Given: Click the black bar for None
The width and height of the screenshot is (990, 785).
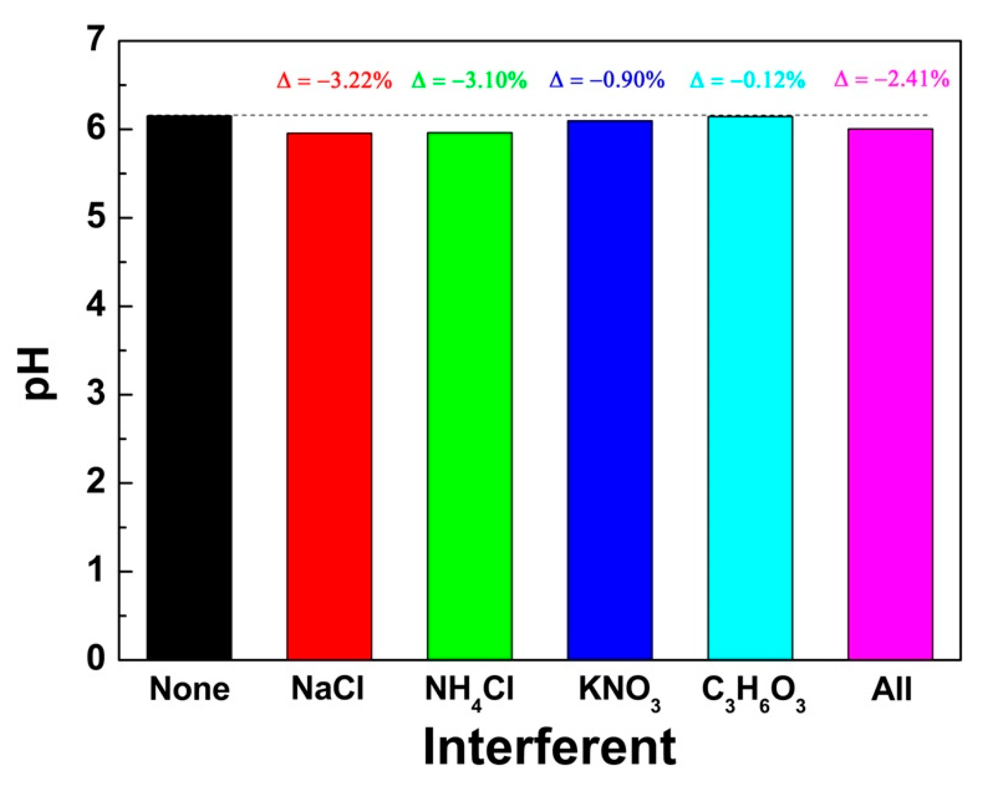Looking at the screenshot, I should (x=189, y=388).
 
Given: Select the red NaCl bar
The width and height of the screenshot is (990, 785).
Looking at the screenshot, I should (x=329, y=397).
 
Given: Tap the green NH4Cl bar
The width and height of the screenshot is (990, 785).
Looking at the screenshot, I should (x=469, y=397).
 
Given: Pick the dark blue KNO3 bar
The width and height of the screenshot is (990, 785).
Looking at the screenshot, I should (x=609, y=390).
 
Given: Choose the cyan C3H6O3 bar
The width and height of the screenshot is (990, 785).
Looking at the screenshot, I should (x=750, y=388).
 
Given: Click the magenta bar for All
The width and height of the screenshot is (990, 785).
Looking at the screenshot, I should (x=890, y=395).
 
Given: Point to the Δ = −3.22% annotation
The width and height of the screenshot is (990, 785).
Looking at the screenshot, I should (x=334, y=81).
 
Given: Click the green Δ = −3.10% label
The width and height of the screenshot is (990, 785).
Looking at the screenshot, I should (x=469, y=81).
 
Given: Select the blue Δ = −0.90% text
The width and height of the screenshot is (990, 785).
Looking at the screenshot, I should (x=607, y=80).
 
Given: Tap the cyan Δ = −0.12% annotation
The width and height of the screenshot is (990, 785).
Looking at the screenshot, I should (x=748, y=80).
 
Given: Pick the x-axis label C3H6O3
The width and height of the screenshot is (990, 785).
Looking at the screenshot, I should (x=753, y=692).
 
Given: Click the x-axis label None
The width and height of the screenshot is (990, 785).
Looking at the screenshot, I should (x=189, y=689).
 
